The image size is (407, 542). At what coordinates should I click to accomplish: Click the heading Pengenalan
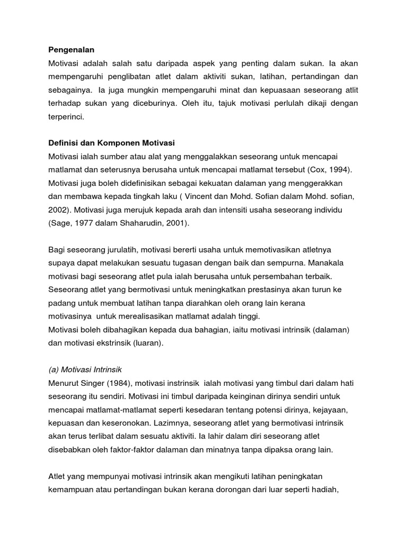[x=71, y=50]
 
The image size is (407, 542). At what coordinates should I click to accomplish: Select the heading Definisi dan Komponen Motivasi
[x=111, y=143]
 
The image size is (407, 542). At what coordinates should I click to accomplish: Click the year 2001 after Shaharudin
[x=175, y=223]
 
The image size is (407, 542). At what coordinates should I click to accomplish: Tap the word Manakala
[x=336, y=263]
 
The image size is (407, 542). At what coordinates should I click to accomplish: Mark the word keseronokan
[x=141, y=423]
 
